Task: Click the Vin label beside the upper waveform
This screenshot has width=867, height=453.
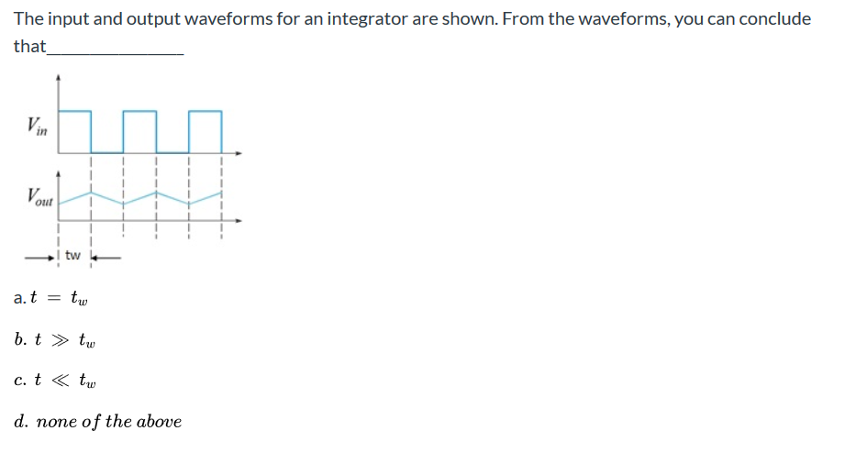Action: pyautogui.click(x=37, y=126)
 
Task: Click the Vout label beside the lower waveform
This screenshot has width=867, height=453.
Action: pyautogui.click(x=40, y=196)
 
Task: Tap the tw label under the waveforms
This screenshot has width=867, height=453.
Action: pyautogui.click(x=74, y=254)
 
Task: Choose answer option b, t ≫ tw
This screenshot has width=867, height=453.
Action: pyautogui.click(x=55, y=340)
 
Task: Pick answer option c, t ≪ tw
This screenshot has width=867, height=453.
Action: pyautogui.click(x=55, y=381)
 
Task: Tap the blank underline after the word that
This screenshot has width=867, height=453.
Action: pyautogui.click(x=115, y=53)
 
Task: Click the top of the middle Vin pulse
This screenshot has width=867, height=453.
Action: pyautogui.click(x=139, y=112)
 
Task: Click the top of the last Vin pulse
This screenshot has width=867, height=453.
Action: pyautogui.click(x=206, y=112)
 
